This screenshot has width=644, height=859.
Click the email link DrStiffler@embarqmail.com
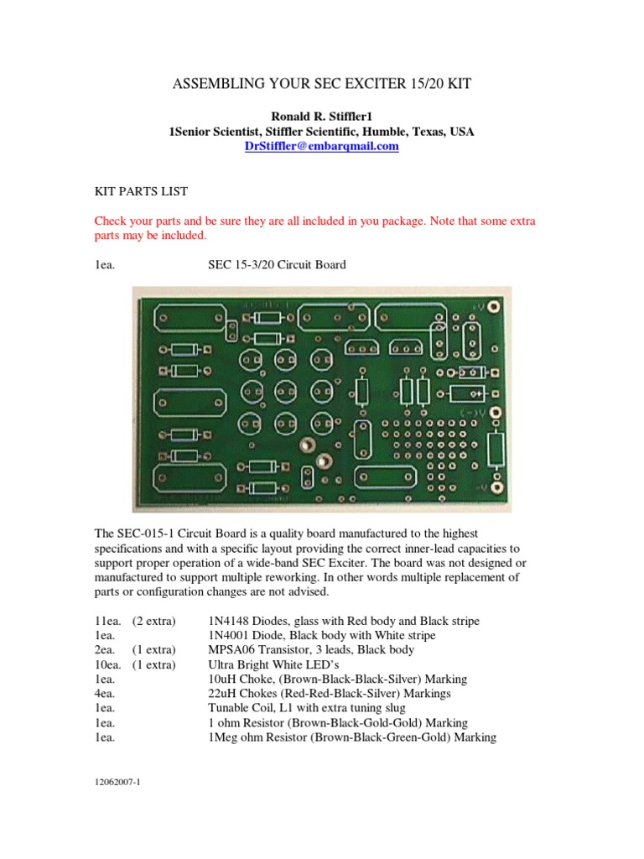pos(321,146)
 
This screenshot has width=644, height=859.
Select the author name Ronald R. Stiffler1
pos(321,117)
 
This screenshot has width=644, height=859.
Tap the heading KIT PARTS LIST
pos(141,192)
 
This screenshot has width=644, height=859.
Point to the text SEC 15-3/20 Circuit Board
pos(277,265)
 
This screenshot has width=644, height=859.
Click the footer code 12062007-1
pos(117,782)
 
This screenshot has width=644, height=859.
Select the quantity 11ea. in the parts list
pos(108,622)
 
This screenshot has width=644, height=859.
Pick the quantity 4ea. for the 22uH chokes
pos(104,694)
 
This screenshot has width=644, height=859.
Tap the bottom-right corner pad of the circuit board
pos(496,487)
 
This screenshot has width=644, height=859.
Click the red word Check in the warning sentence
pos(111,221)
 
